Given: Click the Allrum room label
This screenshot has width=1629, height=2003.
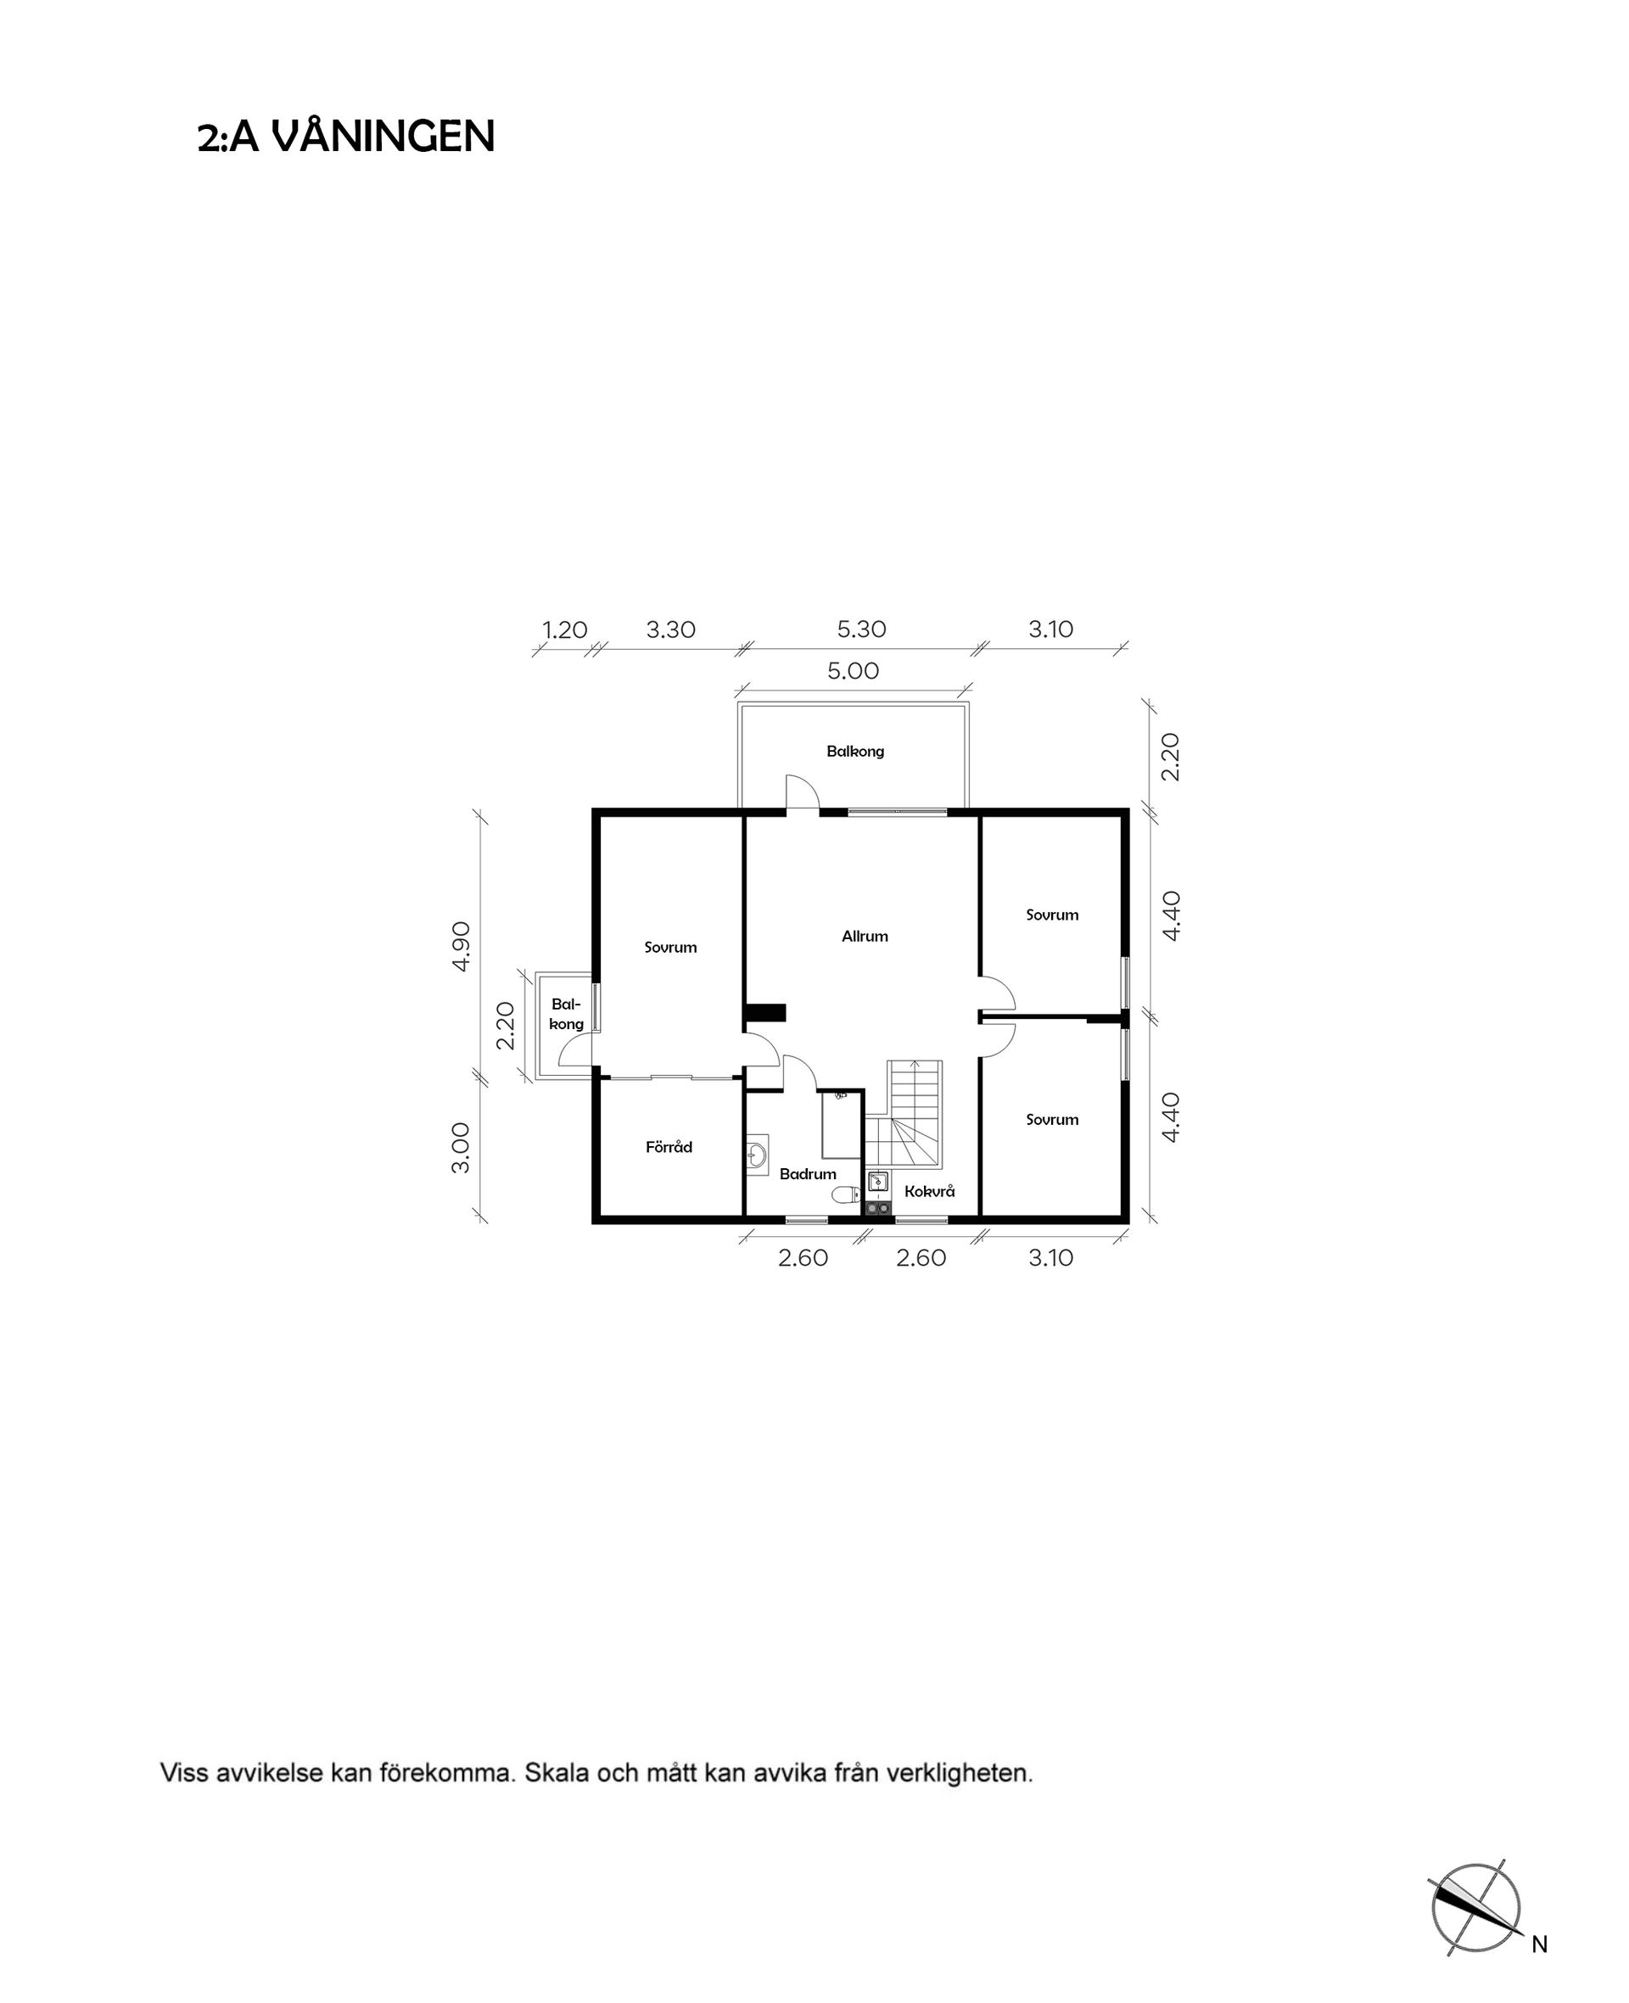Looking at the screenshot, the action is tap(865, 937).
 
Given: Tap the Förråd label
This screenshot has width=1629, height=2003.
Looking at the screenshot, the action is tap(669, 1146).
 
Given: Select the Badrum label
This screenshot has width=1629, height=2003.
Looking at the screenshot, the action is tap(807, 1173).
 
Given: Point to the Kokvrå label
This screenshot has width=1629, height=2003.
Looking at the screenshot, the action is tap(929, 1190).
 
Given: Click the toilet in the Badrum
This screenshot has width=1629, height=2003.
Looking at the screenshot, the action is tap(845, 1195).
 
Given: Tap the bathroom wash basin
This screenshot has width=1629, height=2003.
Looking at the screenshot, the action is tap(758, 1155).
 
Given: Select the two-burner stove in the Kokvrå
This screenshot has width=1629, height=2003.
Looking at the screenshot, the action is tap(878, 1207).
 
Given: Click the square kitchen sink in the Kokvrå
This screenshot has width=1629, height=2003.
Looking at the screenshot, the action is tap(878, 1181).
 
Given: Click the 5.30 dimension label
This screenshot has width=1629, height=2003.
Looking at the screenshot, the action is tap(861, 629).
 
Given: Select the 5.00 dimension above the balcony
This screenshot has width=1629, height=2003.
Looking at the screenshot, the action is tap(853, 671).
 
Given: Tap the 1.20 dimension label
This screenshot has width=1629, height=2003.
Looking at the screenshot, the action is tap(565, 629).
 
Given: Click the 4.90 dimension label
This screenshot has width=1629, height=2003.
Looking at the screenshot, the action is tap(461, 947).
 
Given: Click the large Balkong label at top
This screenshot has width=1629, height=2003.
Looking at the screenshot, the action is tap(855, 752).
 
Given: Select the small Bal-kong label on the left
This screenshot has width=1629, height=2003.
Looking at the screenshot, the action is tap(567, 1014).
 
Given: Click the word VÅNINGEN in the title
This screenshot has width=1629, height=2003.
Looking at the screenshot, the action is tap(383, 137).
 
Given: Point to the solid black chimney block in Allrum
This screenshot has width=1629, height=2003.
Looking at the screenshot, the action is tap(764, 1012).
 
